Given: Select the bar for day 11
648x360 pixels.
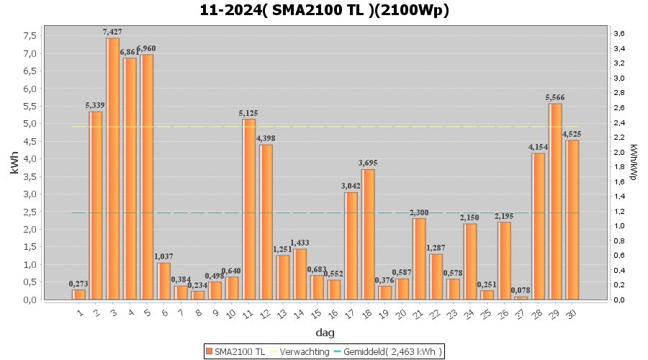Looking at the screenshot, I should pyautogui.click(x=249, y=209).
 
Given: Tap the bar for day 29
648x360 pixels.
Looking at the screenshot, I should pyautogui.click(x=555, y=202).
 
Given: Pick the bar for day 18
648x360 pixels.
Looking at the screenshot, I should pyautogui.click(x=368, y=234).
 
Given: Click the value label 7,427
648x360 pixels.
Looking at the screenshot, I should pyautogui.click(x=113, y=32).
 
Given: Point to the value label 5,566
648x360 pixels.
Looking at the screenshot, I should pyautogui.click(x=555, y=97).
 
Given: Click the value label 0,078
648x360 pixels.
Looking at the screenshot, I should pyautogui.click(x=521, y=290).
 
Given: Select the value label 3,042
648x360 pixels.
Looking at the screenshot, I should pyautogui.click(x=351, y=186).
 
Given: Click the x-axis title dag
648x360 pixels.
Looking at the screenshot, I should pyautogui.click(x=324, y=333).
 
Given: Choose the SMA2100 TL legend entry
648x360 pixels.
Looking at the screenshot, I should pyautogui.click(x=235, y=351).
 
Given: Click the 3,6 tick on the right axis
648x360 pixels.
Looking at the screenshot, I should pyautogui.click(x=618, y=34).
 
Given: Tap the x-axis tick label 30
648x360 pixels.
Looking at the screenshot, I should pyautogui.click(x=571, y=314).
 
